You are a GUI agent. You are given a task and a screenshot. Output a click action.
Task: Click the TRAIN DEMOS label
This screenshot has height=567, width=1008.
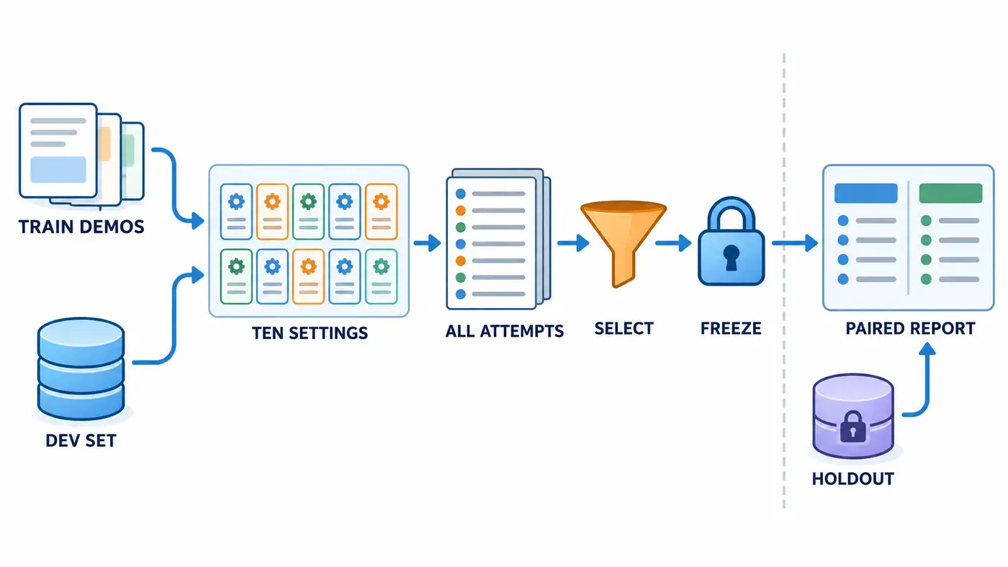(x=81, y=227)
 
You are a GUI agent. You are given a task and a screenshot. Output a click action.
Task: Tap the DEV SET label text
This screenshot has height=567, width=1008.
(x=81, y=440)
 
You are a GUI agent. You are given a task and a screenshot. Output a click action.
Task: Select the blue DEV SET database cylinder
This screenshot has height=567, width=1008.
(x=81, y=368)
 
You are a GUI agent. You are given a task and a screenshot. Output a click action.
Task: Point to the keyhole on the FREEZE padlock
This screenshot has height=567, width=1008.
(x=732, y=257)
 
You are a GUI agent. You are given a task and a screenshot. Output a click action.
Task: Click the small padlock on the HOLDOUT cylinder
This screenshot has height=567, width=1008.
(x=852, y=427)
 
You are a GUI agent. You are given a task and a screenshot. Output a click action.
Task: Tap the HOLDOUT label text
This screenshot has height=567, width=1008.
(x=852, y=478)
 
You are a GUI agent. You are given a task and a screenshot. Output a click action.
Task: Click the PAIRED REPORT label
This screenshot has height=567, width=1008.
(x=910, y=328)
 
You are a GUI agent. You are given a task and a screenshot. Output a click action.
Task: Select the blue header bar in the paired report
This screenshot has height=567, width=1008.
(x=865, y=194)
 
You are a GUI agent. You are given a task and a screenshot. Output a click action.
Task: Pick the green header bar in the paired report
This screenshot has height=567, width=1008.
(x=950, y=194)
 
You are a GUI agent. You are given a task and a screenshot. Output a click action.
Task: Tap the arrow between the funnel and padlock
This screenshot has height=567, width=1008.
(x=673, y=243)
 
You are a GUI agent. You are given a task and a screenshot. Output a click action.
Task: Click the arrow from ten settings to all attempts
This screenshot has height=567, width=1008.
(x=427, y=243)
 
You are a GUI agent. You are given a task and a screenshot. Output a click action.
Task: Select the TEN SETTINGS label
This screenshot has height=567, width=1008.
(x=310, y=332)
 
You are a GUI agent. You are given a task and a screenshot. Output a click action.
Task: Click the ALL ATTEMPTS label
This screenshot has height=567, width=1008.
(x=505, y=331)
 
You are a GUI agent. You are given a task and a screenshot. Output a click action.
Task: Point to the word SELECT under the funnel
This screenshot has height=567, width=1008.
(x=624, y=328)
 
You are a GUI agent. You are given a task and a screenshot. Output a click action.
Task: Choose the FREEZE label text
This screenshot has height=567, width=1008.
(x=731, y=328)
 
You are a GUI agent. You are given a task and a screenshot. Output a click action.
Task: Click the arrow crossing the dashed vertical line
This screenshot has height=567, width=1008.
(x=795, y=243)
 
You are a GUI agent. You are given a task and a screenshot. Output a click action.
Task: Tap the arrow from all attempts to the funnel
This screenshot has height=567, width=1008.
(x=573, y=243)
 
